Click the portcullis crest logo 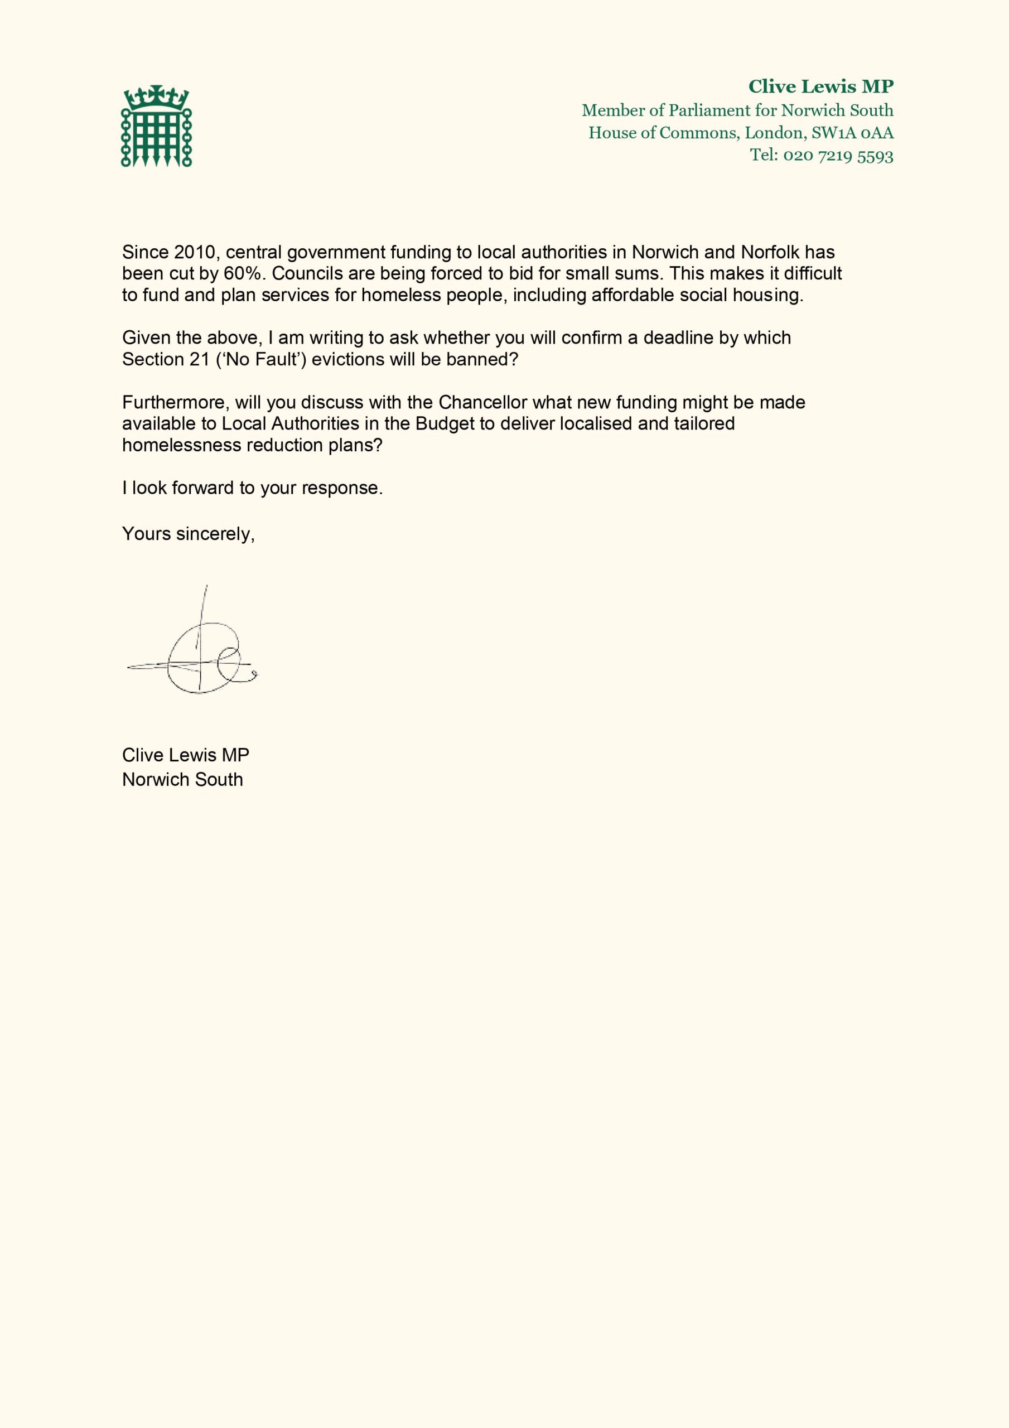point(156,126)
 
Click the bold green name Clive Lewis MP point(820,86)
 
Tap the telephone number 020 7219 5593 point(838,155)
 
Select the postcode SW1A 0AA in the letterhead point(852,132)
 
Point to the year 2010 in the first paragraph point(194,252)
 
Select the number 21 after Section point(200,359)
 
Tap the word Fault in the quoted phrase point(276,359)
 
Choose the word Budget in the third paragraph point(444,423)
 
